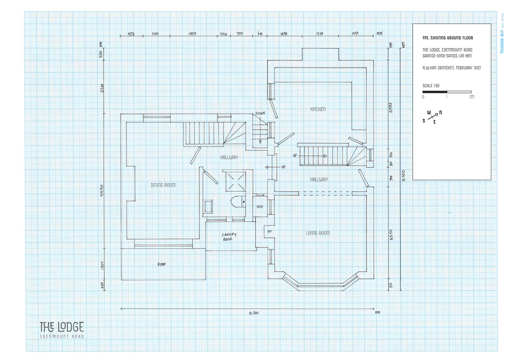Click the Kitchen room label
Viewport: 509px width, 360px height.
(x=318, y=109)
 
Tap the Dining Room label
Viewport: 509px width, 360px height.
(x=163, y=185)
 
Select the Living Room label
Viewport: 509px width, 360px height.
(x=318, y=233)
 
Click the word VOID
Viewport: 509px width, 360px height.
(x=260, y=207)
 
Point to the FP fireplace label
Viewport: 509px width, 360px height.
(x=269, y=232)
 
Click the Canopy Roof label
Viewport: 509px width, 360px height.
(x=229, y=237)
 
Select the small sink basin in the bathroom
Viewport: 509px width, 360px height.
(x=208, y=206)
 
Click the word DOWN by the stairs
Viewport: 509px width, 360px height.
(x=260, y=113)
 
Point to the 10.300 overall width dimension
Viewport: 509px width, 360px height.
(x=254, y=313)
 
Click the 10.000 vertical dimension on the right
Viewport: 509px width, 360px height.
(x=403, y=175)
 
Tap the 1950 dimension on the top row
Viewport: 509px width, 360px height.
(x=192, y=34)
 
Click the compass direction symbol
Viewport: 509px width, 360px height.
(x=432, y=117)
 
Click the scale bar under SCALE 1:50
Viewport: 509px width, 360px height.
(x=447, y=92)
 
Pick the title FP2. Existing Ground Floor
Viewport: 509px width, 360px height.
(x=448, y=38)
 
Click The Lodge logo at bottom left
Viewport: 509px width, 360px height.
(x=62, y=330)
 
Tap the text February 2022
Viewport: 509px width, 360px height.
(x=468, y=68)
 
